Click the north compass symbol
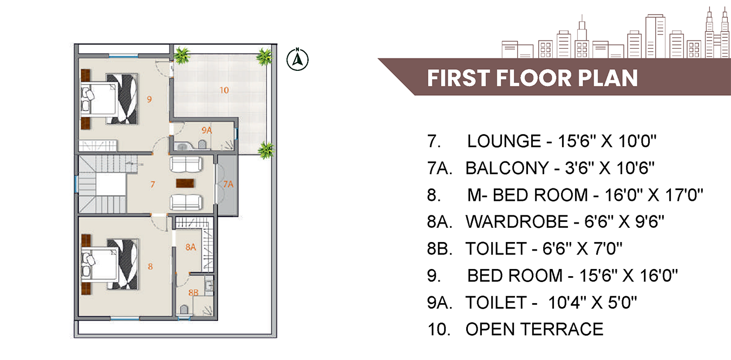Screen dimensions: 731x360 click(x=297, y=60)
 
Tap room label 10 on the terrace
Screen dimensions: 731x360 click(x=224, y=90)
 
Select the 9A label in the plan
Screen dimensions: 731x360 click(x=206, y=130)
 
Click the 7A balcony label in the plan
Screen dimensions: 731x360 click(x=228, y=185)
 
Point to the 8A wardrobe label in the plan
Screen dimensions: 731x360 click(x=191, y=247)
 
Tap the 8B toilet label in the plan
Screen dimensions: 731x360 click(x=193, y=292)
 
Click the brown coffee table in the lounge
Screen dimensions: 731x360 click(x=185, y=183)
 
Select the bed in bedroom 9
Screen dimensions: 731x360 click(x=109, y=99)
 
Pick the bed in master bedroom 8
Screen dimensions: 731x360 click(x=109, y=264)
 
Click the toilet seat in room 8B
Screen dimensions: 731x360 click(x=184, y=309)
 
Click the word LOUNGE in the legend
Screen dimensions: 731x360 click(x=504, y=141)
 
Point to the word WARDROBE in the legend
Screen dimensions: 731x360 click(x=517, y=222)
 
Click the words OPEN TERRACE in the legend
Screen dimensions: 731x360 click(x=534, y=329)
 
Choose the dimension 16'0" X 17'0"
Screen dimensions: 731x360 click(x=654, y=195)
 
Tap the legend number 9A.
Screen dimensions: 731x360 click(x=440, y=302)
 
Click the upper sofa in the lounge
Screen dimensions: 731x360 click(x=186, y=164)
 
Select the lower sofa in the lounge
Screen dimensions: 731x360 click(x=186, y=202)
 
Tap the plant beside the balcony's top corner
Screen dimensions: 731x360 click(x=266, y=150)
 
